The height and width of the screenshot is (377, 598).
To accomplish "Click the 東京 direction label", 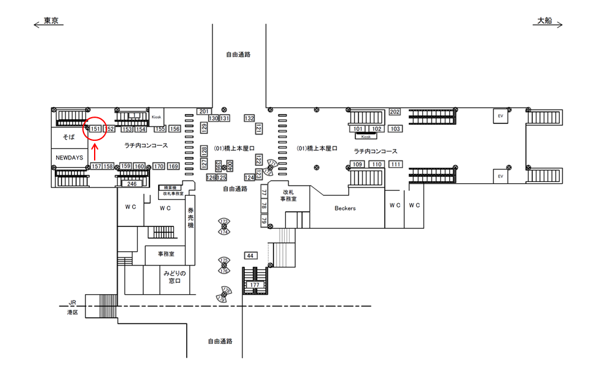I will pos(51,21).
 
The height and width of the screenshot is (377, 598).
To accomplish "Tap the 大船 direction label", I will pos(543,21).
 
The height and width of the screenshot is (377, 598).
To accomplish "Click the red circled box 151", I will pos(95,129).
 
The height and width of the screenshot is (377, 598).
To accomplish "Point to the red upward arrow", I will pos(95,151).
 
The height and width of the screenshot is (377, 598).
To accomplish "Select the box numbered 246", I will pos(132,184).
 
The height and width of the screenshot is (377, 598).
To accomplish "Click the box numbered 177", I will pos(254,285).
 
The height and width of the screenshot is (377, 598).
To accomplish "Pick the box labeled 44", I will pos(250,256).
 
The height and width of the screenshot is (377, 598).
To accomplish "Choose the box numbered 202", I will pos(394,112).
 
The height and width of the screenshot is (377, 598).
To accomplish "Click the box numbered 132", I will pos(249,118).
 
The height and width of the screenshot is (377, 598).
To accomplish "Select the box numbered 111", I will pos(396,165).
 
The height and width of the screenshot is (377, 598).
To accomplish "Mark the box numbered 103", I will pos(395,129).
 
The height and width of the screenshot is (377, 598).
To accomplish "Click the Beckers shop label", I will pos(344,209).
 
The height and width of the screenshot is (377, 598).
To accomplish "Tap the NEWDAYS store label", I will pos(69,158).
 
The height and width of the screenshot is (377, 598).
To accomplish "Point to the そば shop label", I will pos(69,136).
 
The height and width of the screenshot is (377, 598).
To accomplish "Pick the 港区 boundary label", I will pos(73,312).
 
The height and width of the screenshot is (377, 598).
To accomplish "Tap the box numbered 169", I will pos(173,166).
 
